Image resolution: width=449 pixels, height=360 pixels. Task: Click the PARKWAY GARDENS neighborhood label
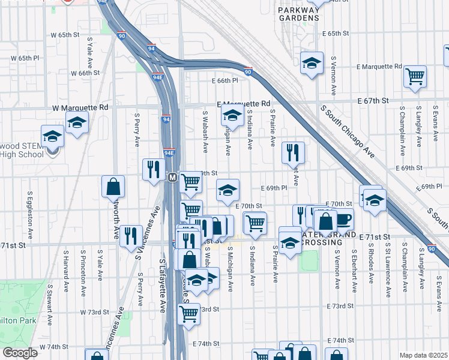click(x=299, y=14)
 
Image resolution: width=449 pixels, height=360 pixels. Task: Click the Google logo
click(x=20, y=353)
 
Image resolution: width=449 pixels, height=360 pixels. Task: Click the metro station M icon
click(x=172, y=178)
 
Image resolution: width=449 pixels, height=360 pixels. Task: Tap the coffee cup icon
click(x=343, y=219)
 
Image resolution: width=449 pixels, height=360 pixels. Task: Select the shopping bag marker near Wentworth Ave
click(x=113, y=187)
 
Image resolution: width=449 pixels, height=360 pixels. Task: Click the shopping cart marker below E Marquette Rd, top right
click(x=415, y=76)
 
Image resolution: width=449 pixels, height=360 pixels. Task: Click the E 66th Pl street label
click(x=224, y=80)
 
